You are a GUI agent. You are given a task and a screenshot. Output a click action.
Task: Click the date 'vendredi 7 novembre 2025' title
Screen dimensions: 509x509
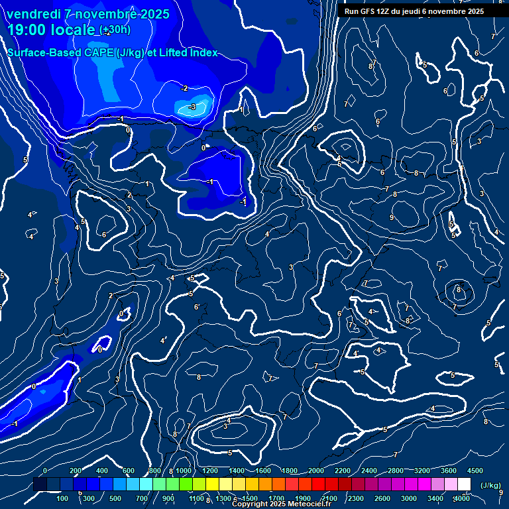click(x=87, y=14)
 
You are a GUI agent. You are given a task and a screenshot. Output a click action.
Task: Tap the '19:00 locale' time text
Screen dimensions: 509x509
click(x=52, y=30)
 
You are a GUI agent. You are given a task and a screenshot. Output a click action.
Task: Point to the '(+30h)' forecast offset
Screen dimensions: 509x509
click(x=115, y=30)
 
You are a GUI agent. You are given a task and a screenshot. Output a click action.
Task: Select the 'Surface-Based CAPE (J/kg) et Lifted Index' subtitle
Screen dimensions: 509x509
click(x=112, y=52)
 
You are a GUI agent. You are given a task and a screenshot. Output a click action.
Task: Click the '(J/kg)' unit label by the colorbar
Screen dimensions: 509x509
click(x=491, y=485)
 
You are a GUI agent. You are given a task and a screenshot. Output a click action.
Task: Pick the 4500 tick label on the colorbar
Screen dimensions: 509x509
click(x=475, y=471)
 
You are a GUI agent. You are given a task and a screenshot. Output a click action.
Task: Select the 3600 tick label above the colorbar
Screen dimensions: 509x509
click(x=449, y=471)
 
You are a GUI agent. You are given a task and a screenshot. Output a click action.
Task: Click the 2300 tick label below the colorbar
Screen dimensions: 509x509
click(x=355, y=498)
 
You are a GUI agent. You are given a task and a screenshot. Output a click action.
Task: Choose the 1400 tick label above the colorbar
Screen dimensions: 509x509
click(x=237, y=471)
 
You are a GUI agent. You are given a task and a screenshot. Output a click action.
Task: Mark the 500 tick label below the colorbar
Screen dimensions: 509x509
click(x=115, y=498)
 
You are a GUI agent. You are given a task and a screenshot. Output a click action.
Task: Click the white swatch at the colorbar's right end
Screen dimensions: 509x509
click(x=464, y=484)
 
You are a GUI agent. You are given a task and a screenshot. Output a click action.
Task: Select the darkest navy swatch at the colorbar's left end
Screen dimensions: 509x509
click(x=40, y=484)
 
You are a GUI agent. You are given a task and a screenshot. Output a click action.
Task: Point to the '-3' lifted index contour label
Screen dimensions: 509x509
click(x=192, y=107)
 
